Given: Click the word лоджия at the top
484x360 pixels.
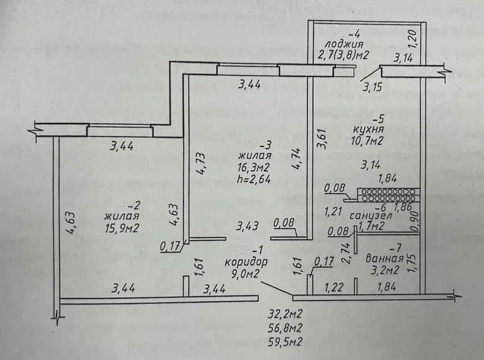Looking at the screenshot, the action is (338, 43).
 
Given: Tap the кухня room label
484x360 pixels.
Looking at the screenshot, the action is (369, 130).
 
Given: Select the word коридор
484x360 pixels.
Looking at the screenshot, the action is (246, 261).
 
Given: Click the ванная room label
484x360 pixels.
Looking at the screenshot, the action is (385, 258).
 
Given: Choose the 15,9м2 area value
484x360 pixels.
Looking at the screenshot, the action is (122, 228).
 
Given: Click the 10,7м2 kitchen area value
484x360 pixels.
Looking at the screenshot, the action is (370, 142).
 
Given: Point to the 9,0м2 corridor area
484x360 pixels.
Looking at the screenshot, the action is (246, 274).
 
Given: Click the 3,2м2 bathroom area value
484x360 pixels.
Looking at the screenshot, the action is (385, 270).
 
